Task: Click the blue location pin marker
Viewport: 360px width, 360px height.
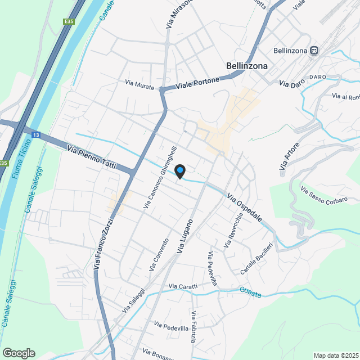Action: click(x=180, y=171)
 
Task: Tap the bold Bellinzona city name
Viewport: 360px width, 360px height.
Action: click(x=246, y=66)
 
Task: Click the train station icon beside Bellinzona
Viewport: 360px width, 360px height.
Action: click(x=316, y=51)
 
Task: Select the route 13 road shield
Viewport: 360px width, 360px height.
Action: click(x=36, y=135)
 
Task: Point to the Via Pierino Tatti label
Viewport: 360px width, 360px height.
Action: click(x=91, y=158)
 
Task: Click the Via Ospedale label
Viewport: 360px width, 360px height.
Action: click(x=245, y=208)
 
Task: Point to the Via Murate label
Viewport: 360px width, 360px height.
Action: click(x=139, y=84)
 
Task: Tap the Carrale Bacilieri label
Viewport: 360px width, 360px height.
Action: click(x=256, y=259)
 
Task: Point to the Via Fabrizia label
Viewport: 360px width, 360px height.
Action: click(x=193, y=327)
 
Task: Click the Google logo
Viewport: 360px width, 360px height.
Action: click(x=19, y=353)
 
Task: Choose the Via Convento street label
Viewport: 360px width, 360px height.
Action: click(x=159, y=255)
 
